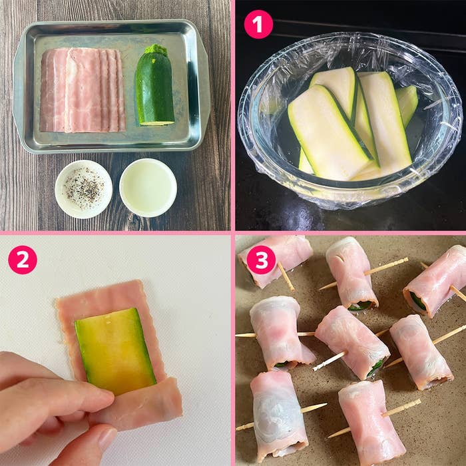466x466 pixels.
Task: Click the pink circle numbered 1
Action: pos(258,25)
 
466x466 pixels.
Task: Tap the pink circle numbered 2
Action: pos(23,260)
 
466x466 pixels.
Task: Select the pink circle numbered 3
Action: pos(261,260)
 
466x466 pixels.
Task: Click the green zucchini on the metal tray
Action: pos(154,86)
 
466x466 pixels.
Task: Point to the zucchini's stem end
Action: pos(156,49)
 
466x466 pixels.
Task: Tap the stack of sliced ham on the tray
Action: pos(83,90)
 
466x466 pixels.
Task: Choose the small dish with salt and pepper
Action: pos(83,189)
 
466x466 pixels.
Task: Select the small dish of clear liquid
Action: pos(148,188)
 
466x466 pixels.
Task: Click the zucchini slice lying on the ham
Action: pos(115,351)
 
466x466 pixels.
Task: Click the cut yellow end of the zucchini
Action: pos(157,123)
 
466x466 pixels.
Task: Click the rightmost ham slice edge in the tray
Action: pos(121,91)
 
